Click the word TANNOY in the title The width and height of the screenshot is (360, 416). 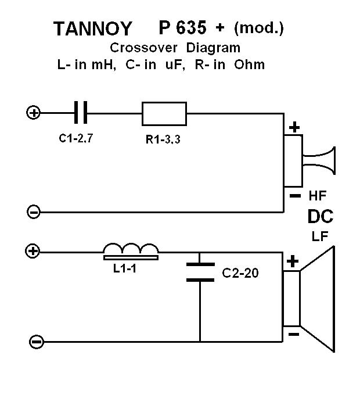pyautogui.click(x=92, y=28)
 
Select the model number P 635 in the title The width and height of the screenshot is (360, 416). pyautogui.click(x=183, y=27)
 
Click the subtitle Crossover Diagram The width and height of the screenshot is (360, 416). pyautogui.click(x=175, y=47)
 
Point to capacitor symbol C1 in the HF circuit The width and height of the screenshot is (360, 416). pyautogui.click(x=82, y=112)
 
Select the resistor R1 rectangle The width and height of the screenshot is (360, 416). pyautogui.click(x=164, y=113)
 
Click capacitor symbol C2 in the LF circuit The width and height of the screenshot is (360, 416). pyautogui.click(x=200, y=272)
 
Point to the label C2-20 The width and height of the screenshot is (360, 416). pyautogui.click(x=240, y=272)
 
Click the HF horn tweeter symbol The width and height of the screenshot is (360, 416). pyautogui.click(x=317, y=162)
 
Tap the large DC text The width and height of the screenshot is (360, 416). pyautogui.click(x=320, y=217)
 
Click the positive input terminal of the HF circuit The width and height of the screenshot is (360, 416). pyautogui.click(x=33, y=113)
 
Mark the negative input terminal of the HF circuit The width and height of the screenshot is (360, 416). pyautogui.click(x=34, y=212)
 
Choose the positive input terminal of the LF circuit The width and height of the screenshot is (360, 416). pyautogui.click(x=33, y=252)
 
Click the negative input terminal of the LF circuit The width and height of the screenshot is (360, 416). pyautogui.click(x=36, y=342)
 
